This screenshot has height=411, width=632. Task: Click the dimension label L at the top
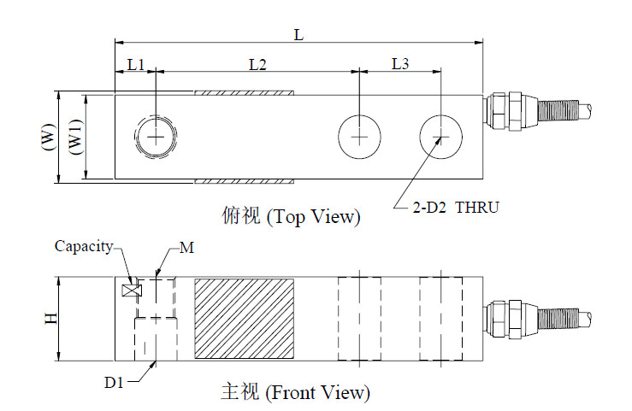click(x=298, y=35)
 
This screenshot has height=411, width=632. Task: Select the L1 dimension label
click(x=136, y=64)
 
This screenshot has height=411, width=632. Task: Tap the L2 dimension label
click(x=258, y=64)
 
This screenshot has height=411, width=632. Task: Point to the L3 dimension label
click(x=400, y=63)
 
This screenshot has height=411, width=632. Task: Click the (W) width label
click(x=49, y=137)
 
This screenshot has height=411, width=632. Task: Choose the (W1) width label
click(x=76, y=138)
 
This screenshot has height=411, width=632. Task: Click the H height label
click(x=51, y=319)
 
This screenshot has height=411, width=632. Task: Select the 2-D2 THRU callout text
click(x=456, y=208)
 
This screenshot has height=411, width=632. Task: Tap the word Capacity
click(x=84, y=246)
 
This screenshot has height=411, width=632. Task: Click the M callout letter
click(x=186, y=248)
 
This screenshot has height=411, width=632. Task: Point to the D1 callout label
click(x=114, y=383)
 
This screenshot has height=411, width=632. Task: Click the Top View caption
click(x=291, y=216)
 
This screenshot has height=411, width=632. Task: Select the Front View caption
click(x=295, y=392)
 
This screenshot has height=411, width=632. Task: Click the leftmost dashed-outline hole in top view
click(x=155, y=117)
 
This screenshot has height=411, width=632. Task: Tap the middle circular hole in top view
click(x=359, y=115)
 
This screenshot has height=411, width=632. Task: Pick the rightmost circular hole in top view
click(x=441, y=115)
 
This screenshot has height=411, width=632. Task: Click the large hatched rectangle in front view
click(x=245, y=319)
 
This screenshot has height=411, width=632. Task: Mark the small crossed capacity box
click(x=132, y=291)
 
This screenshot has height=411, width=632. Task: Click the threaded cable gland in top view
click(x=538, y=111)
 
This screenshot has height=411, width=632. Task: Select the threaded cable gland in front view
click(x=538, y=320)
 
